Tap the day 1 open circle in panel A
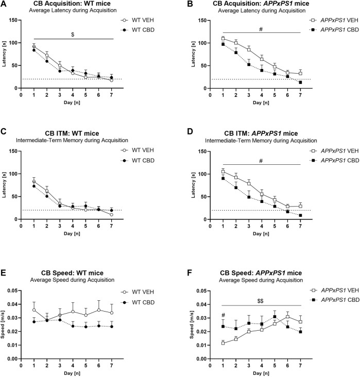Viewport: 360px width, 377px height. tap(34, 46)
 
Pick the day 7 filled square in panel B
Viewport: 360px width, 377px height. tap(300, 82)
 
